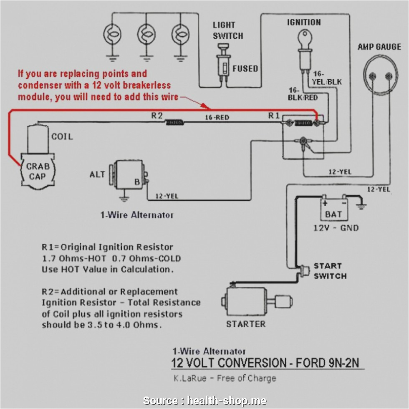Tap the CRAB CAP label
pos(38,171)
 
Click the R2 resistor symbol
pos(175,122)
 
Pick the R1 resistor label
pos(274,116)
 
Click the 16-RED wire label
pos(217,117)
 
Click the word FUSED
pos(245,68)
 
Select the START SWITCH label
pos(330,271)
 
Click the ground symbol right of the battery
pos(361,205)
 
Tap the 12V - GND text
pos(336,228)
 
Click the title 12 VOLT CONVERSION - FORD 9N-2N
pos(265,362)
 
